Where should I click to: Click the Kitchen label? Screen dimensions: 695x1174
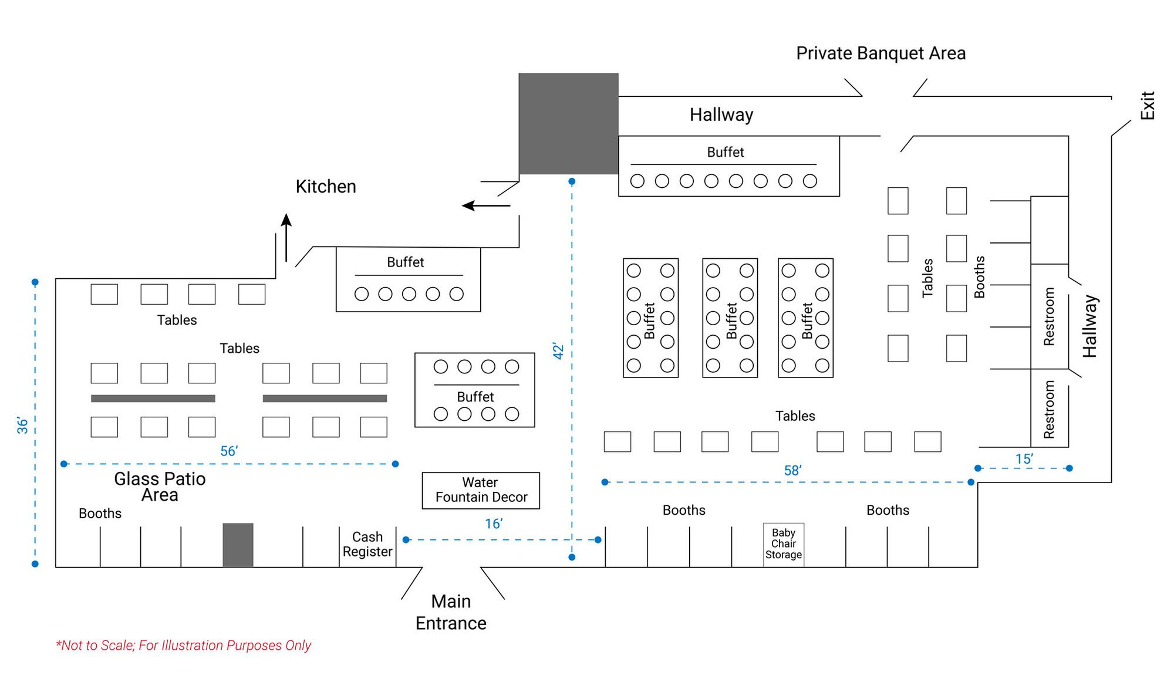point(326,187)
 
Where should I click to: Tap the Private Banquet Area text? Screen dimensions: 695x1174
point(880,53)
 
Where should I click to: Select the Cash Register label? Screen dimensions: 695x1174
point(367,544)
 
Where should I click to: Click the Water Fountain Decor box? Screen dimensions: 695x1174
point(481,490)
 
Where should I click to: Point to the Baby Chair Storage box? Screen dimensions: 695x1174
point(784,544)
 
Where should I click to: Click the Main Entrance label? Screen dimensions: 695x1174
point(451,612)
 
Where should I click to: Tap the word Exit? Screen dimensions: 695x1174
point(1147,106)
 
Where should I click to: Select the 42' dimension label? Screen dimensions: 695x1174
point(558,352)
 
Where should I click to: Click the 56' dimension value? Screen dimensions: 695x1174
point(229,451)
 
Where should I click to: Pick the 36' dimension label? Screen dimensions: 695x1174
point(23,425)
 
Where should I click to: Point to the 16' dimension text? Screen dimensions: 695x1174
point(494,524)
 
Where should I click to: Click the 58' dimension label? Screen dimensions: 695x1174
point(792,470)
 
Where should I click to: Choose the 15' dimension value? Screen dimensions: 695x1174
point(1024,459)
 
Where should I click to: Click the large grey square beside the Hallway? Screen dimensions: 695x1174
point(568,123)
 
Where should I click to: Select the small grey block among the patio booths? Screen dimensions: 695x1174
point(238,545)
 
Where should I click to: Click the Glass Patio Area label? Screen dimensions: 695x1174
point(160,487)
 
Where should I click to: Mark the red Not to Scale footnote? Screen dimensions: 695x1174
point(183,645)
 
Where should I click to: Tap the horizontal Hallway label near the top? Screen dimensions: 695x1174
point(721,114)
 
